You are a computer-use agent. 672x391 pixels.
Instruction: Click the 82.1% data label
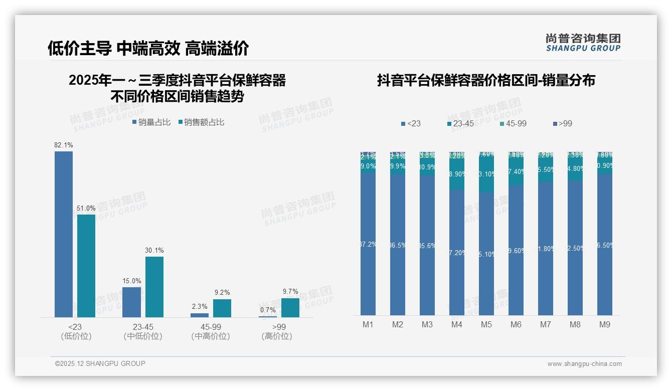point(64,145)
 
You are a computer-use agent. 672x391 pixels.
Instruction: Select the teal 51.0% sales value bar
point(86,266)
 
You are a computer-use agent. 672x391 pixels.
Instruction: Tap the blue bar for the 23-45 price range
point(131,302)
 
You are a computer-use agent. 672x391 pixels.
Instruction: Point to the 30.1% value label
point(154,251)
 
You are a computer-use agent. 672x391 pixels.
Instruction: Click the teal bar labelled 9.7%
point(290,308)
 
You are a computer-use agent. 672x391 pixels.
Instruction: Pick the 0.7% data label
point(268,310)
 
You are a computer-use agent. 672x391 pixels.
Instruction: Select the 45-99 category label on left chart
point(211,327)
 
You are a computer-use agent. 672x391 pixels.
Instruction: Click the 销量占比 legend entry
point(151,122)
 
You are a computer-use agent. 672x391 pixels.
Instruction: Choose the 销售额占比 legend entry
point(201,122)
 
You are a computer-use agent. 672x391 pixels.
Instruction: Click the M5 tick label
point(486,325)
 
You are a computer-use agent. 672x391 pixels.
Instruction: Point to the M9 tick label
point(605,325)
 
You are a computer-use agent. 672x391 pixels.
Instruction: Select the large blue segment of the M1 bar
point(368,244)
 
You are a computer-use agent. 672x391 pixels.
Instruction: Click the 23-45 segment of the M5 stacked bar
point(486,174)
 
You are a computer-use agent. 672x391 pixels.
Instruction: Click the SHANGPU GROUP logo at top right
point(583,43)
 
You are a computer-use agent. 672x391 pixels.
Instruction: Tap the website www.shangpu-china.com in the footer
point(584,364)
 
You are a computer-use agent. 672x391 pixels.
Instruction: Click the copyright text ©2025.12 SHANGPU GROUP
point(100,363)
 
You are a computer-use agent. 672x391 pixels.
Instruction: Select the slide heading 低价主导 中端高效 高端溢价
point(148,48)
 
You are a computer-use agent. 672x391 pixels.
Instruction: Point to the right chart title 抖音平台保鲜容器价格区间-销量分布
point(486,81)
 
